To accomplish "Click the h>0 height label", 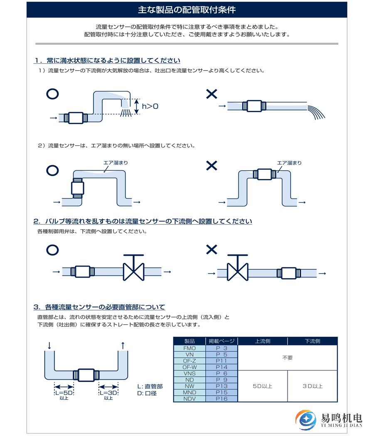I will click(x=150, y=106).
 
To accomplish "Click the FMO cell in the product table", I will click(x=189, y=348).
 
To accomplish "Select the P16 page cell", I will click(x=221, y=399).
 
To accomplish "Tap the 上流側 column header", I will click(x=262, y=341).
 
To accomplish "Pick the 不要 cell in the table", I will click(x=287, y=358).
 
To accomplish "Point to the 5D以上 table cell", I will click(x=262, y=386).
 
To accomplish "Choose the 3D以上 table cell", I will click(x=312, y=386).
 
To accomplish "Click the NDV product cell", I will click(x=189, y=399).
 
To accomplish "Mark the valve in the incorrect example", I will click(x=237, y=268).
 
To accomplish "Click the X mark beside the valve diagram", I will click(x=212, y=250).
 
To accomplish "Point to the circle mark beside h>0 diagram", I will click(x=52, y=94).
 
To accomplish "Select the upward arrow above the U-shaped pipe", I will click(x=123, y=345).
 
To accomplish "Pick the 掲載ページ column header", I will click(x=221, y=341).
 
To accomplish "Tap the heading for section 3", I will click(x=99, y=307).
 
